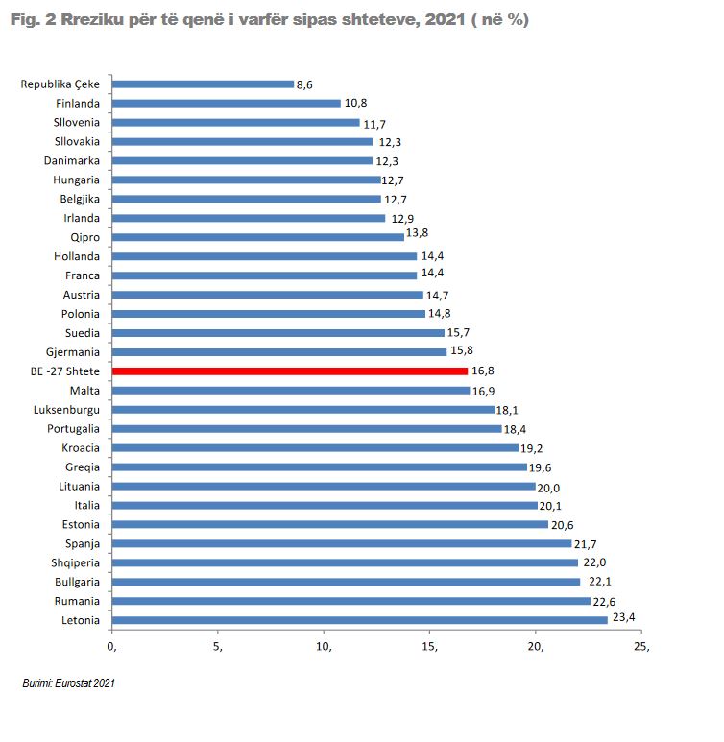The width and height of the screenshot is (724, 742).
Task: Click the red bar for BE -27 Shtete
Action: coord(289,371)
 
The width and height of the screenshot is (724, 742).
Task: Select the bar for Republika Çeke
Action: coord(203,84)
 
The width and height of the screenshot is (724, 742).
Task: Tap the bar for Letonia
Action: coord(359,620)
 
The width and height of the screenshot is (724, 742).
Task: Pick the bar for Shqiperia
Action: coord(345,562)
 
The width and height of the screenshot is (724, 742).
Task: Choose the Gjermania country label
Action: coord(72,352)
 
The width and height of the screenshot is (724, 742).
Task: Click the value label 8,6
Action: coord(304,84)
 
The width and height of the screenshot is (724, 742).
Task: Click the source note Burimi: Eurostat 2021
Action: coord(68,683)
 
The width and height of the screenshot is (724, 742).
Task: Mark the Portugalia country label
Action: coord(70,429)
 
